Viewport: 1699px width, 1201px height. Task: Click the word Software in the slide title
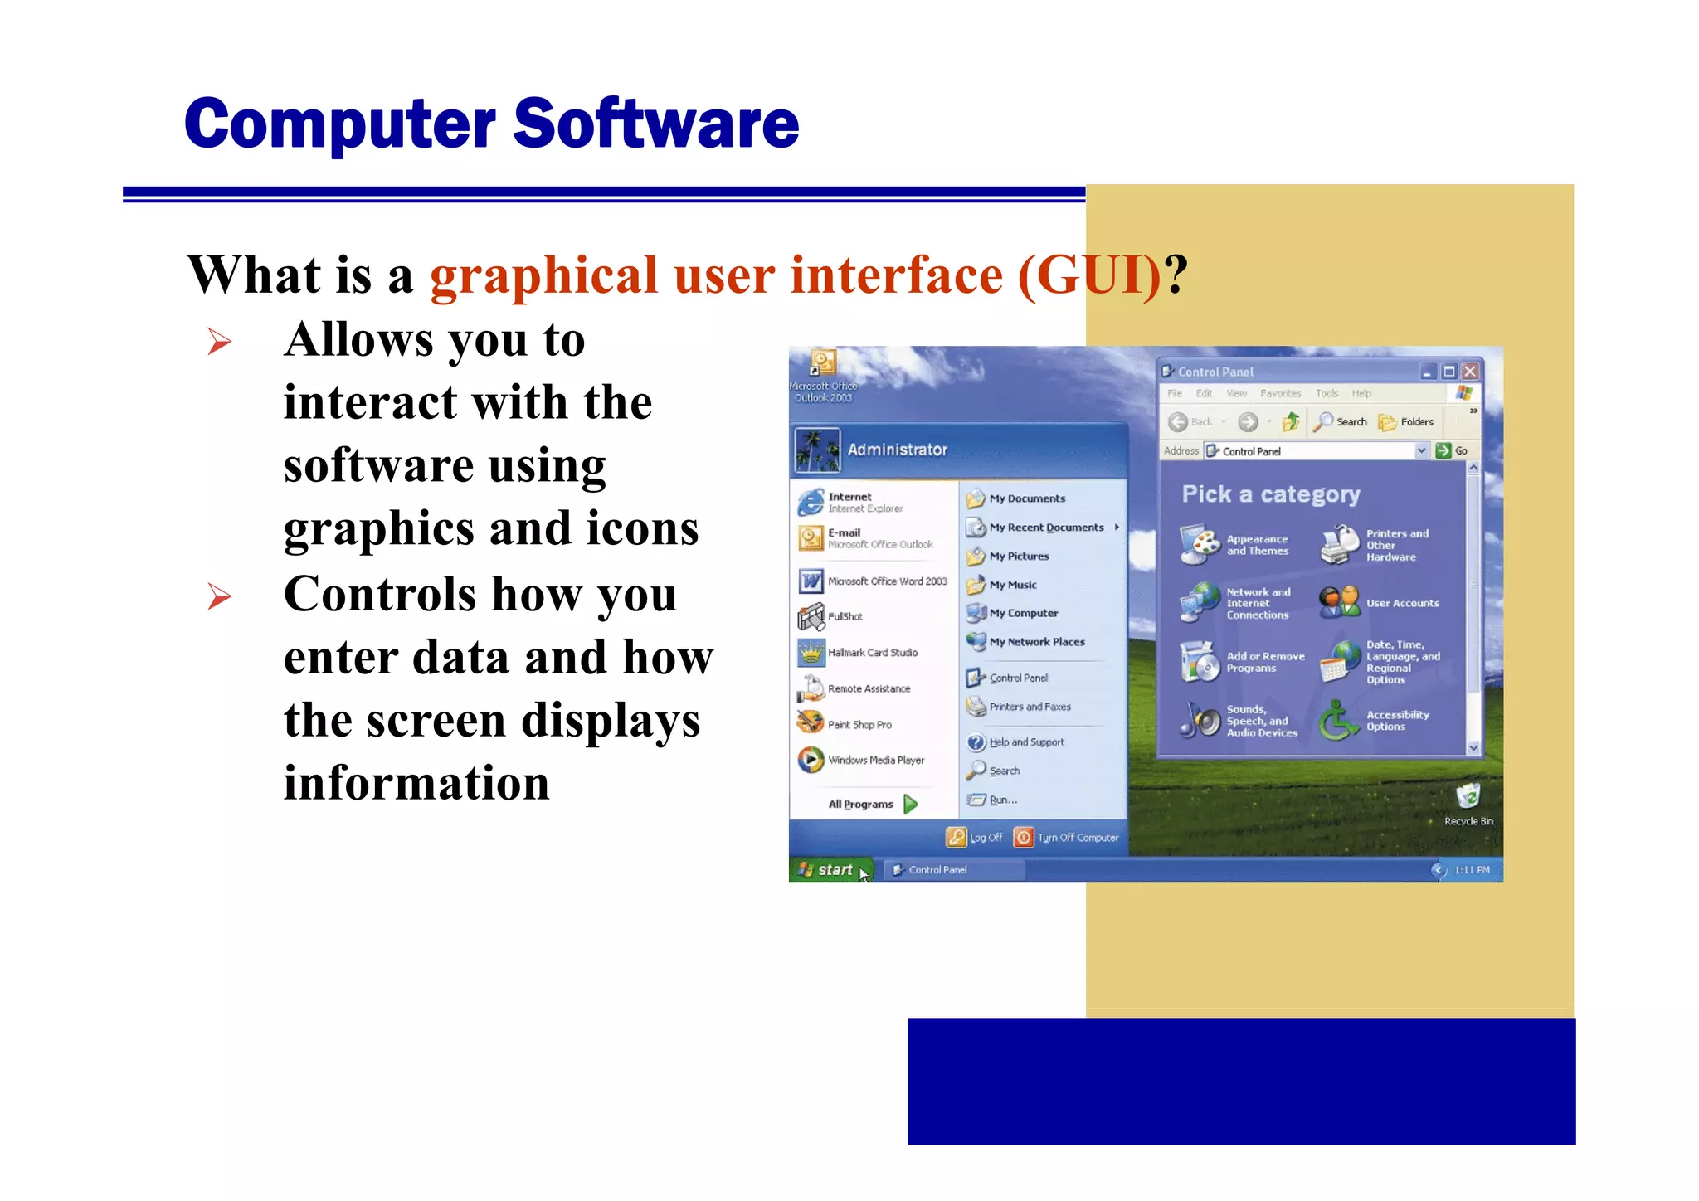point(655,124)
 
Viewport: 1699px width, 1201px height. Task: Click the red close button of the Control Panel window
point(1470,372)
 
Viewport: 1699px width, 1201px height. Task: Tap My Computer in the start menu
point(1023,613)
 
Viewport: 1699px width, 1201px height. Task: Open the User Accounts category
point(1402,603)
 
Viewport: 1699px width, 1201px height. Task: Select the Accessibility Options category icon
point(1338,720)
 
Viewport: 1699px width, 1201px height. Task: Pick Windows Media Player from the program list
point(875,760)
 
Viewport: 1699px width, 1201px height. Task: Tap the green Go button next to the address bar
point(1452,450)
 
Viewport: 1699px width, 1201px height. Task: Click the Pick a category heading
point(1270,494)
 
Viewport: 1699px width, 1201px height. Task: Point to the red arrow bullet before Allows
point(219,341)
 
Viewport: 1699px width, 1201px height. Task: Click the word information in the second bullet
point(416,783)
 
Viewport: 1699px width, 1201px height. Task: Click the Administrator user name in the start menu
point(897,450)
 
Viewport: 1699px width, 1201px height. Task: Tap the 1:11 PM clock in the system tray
point(1472,869)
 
